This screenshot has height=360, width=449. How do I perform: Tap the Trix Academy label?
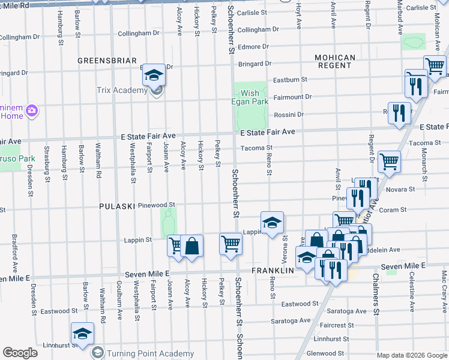pyautogui.click(x=122, y=90)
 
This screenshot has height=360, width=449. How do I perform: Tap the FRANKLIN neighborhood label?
pyautogui.click(x=273, y=271)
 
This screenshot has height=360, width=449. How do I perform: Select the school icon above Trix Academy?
pyautogui.click(x=154, y=74)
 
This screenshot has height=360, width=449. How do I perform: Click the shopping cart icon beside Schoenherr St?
pyautogui.click(x=231, y=244)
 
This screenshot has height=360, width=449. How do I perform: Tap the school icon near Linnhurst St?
pyautogui.click(x=82, y=333)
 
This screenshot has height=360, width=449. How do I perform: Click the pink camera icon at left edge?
pyautogui.click(x=32, y=110)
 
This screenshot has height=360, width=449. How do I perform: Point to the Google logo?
pyautogui.click(x=20, y=353)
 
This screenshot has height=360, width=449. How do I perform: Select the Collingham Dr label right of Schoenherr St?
pyautogui.click(x=258, y=29)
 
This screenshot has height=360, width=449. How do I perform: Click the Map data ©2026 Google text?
pyautogui.click(x=411, y=355)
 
